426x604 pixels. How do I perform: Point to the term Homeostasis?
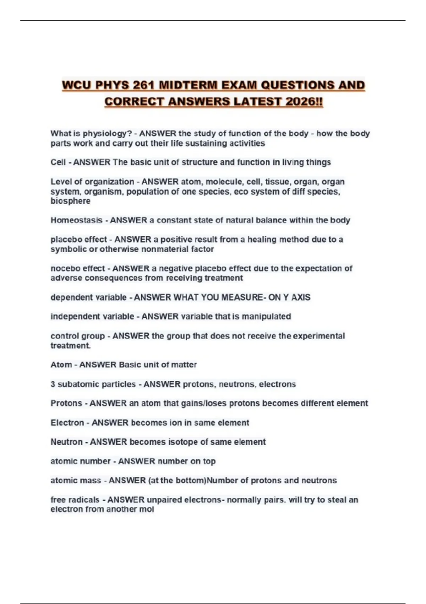coord(76,220)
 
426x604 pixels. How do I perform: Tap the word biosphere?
coord(70,201)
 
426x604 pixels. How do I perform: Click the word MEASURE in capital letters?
coord(241,297)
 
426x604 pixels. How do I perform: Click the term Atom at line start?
coord(61,365)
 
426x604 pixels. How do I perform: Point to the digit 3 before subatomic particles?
coord(53,384)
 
